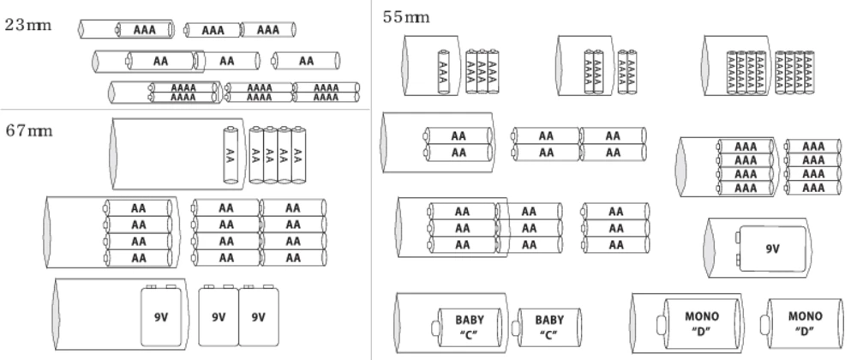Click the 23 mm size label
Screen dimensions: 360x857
point(28,24)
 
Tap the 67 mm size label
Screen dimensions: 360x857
point(28,131)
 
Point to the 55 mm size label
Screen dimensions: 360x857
point(405,17)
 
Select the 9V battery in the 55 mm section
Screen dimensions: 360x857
point(772,249)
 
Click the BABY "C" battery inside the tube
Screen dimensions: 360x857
point(469,326)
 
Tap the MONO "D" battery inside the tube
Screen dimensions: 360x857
point(703,322)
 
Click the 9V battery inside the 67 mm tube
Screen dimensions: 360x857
point(161,316)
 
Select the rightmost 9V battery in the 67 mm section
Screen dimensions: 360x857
point(258,316)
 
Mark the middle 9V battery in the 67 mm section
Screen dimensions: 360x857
point(219,316)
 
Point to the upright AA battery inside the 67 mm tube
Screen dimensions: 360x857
point(230,155)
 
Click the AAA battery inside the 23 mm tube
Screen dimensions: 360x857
point(143,30)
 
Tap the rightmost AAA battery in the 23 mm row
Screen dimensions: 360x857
point(268,30)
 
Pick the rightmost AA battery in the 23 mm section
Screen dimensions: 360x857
point(306,61)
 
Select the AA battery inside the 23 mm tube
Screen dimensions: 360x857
point(160,61)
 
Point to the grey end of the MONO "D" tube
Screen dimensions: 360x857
point(636,322)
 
